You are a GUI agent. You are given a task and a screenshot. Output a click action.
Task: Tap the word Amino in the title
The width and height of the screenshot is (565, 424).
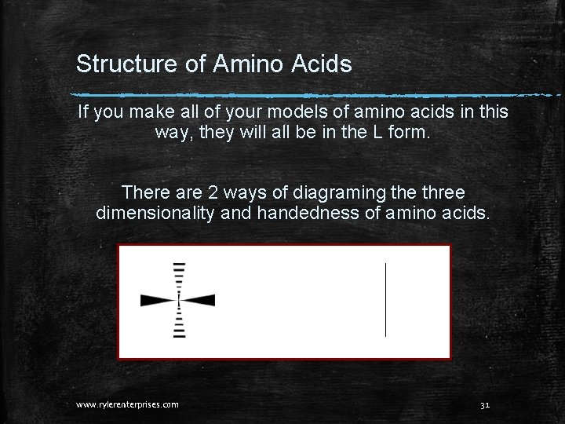(x=239, y=64)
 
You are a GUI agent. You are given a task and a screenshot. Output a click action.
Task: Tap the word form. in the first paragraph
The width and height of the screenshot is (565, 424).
(x=409, y=133)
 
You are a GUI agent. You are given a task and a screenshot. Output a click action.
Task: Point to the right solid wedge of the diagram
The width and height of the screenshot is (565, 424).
(x=199, y=300)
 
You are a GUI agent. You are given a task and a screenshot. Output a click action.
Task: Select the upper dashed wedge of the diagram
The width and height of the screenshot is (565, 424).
(x=179, y=278)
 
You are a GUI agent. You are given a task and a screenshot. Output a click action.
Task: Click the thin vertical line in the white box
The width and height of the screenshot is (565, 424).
(x=385, y=300)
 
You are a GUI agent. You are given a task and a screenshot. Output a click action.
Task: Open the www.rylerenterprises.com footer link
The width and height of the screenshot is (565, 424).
(x=127, y=404)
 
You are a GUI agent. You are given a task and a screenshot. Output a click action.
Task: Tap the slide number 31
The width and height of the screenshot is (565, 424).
(x=484, y=404)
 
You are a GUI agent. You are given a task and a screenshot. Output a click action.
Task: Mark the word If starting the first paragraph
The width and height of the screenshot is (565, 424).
(x=84, y=112)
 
